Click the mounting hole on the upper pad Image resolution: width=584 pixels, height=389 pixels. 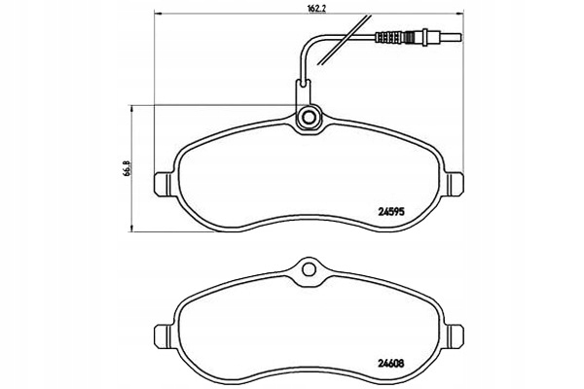tap(309, 119)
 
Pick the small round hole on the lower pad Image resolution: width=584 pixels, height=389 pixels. tap(309, 265)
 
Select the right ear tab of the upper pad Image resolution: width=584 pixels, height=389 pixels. tap(456, 188)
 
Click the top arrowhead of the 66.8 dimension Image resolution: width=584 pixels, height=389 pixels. tap(129, 108)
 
